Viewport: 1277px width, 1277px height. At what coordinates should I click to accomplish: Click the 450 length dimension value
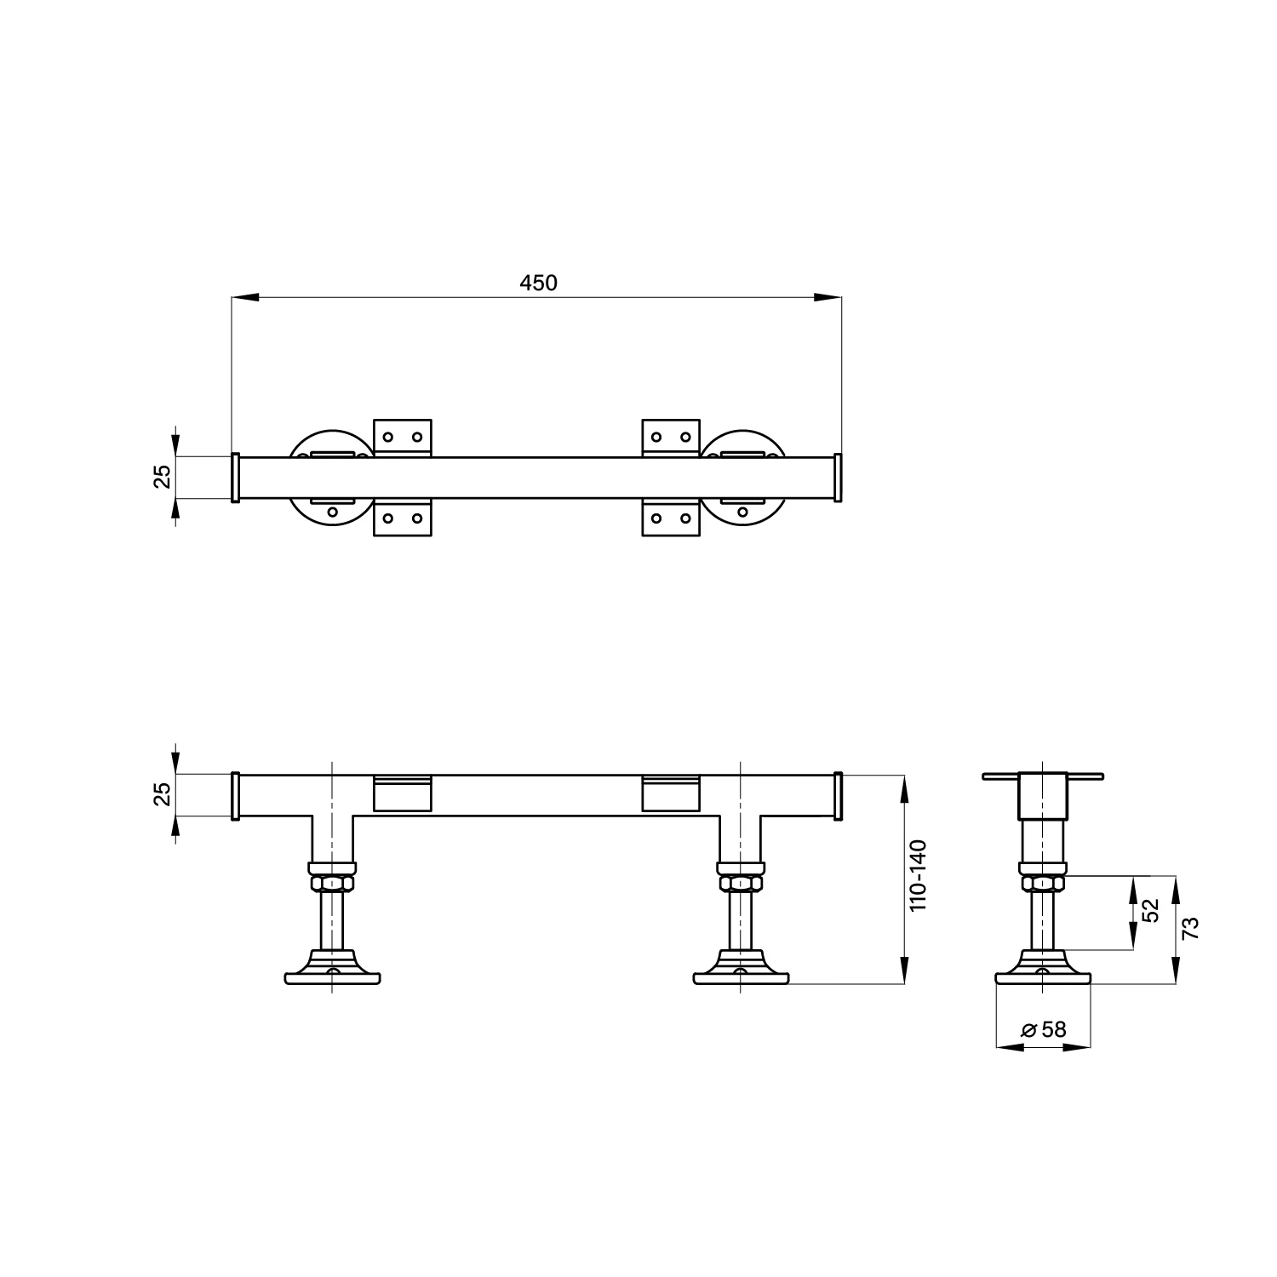(x=538, y=283)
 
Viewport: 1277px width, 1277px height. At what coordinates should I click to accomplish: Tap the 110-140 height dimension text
(x=918, y=876)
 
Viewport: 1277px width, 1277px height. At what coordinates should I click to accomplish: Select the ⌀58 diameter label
(x=1044, y=1029)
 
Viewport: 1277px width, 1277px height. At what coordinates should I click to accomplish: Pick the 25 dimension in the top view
(x=163, y=476)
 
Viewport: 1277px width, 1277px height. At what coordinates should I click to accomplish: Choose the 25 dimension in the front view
(x=163, y=793)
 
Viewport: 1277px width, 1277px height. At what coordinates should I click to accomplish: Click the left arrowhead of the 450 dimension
(x=245, y=297)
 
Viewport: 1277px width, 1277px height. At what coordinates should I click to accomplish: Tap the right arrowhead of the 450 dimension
(x=828, y=297)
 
